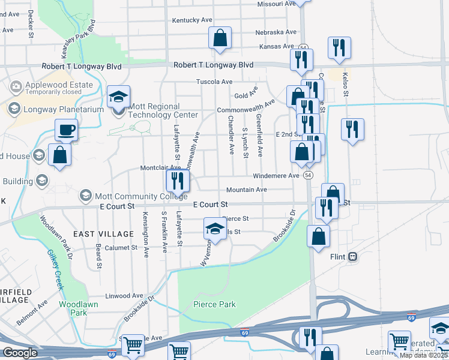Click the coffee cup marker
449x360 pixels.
click(x=66, y=129)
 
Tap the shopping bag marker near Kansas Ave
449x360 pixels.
click(x=220, y=38)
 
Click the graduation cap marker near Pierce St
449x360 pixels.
click(x=214, y=228)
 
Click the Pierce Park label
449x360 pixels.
click(x=214, y=304)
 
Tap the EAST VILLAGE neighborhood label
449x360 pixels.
click(x=103, y=233)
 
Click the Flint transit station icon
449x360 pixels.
click(x=353, y=256)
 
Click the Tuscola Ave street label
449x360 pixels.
click(x=214, y=82)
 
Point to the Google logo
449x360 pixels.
click(x=20, y=352)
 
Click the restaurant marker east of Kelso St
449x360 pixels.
click(x=352, y=130)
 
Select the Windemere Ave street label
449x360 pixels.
click(x=276, y=175)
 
